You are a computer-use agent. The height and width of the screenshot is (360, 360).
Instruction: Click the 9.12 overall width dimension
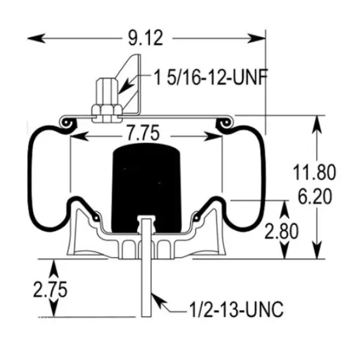(x=146, y=39)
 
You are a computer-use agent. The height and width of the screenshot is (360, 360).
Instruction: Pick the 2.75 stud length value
(x=50, y=290)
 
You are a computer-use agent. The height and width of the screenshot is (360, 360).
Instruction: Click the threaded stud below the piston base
(x=146, y=288)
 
